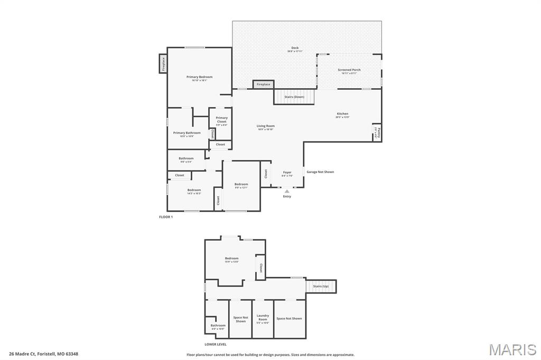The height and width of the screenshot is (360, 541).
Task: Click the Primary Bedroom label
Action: (199, 77)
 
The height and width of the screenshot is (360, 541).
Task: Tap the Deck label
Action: (295, 48)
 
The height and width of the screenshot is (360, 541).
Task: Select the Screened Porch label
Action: (349, 70)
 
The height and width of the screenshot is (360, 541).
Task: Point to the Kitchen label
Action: (342, 114)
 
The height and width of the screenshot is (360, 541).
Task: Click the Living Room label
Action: (266, 126)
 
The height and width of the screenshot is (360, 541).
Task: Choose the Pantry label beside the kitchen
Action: (378, 132)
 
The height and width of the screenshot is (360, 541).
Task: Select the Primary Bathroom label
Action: (187, 133)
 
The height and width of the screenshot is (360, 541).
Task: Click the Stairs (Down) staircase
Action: (294, 97)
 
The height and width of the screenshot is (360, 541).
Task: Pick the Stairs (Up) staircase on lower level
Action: (321, 286)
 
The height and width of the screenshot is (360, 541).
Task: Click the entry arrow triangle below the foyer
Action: (287, 191)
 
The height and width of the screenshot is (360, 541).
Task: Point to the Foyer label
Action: (287, 173)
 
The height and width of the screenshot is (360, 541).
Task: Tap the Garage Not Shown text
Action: (320, 172)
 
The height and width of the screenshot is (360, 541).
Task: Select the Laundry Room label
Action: (263, 318)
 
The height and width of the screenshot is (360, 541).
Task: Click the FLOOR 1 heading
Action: (166, 217)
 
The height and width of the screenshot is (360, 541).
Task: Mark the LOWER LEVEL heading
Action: (216, 344)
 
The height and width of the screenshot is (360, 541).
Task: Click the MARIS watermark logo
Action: (512, 349)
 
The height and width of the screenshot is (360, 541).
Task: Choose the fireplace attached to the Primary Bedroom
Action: (163, 64)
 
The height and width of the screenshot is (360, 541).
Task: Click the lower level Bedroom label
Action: (232, 259)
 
